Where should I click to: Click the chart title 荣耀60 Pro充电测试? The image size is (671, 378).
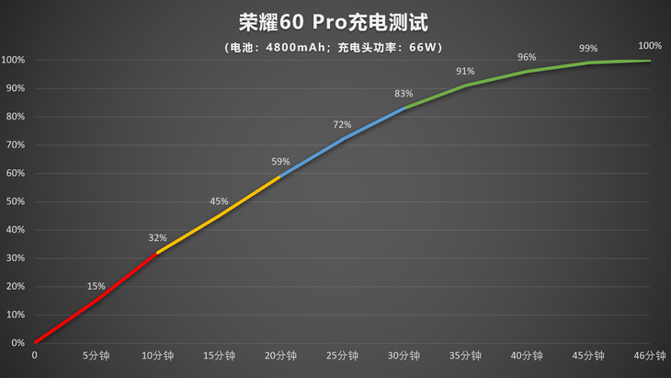336,21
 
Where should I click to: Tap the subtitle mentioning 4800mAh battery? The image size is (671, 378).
336,48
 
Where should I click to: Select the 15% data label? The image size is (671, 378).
96,285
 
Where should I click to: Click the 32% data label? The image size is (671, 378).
157,237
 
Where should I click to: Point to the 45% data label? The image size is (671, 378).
219,200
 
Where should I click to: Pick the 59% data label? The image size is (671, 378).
280,161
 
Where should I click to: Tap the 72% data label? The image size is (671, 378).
342,124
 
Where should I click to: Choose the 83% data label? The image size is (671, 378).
404,93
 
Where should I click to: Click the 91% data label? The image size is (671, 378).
465,71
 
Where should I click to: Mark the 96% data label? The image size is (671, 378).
527,56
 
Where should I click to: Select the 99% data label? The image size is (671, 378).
588,48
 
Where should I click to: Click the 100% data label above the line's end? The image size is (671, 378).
650,45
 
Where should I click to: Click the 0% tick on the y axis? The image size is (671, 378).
17,343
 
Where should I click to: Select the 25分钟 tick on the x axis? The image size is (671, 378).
342,356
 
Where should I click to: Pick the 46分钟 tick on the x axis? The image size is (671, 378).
650,356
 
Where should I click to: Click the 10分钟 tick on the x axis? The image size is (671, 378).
157,356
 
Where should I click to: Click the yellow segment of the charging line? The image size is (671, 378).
219,215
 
